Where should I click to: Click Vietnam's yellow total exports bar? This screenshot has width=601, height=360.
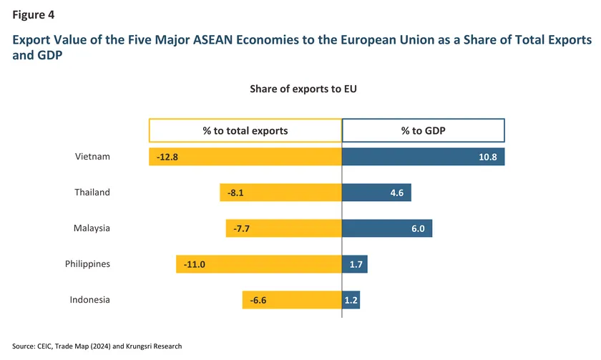coord(245,157)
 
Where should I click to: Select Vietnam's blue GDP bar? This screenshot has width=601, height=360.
coord(423,157)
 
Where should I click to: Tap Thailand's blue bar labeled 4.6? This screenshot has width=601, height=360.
coord(376,193)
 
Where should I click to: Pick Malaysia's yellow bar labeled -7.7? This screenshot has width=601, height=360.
coord(283,228)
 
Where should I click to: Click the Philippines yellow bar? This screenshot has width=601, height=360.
coord(259,264)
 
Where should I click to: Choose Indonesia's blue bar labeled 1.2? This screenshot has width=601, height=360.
coord(351,300)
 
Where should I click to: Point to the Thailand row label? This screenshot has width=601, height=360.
coord(92,192)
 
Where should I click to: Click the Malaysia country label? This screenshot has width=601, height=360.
coord(92,228)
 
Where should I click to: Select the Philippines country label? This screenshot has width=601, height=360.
coord(87,264)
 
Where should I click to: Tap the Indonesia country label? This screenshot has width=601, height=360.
coord(89,299)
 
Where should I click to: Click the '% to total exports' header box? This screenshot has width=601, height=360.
coord(245,130)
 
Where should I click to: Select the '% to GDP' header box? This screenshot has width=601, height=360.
coord(423,130)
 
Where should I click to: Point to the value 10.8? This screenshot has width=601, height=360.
coord(487,157)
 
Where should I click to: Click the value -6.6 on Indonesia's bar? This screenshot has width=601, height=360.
coord(258,300)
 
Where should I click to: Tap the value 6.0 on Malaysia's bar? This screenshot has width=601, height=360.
coord(418,228)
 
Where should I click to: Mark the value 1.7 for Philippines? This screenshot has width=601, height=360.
coord(356,264)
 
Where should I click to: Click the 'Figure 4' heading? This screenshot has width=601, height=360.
coord(34,15)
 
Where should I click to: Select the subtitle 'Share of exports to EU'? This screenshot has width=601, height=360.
coord(303,89)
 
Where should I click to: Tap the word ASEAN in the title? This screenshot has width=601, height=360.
coord(212,40)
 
